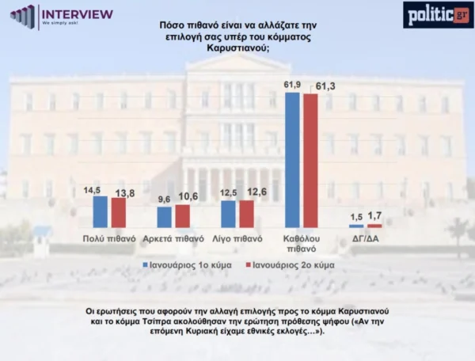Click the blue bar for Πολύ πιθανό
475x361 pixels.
[101, 212]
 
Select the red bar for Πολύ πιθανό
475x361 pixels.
[118, 213]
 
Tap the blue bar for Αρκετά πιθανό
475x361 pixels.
[165, 218]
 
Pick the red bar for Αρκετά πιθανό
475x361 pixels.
[182, 216]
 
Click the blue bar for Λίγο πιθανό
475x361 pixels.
[228, 214]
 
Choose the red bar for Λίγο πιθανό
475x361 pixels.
[245, 214]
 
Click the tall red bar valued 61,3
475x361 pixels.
[310, 161]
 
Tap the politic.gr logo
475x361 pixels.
[438, 15]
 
